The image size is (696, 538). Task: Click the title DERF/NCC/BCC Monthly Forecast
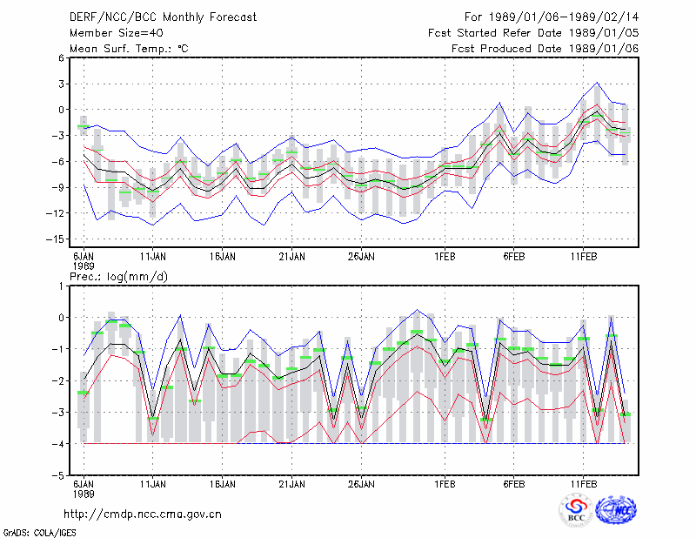click(163, 17)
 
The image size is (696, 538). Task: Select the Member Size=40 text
click(117, 33)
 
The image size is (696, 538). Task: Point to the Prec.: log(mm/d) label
click(118, 277)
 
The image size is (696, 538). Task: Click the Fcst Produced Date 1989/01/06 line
click(545, 49)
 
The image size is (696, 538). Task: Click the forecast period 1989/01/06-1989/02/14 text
click(552, 17)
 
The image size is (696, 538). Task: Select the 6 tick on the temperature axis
click(61, 57)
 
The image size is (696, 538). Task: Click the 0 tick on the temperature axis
click(61, 110)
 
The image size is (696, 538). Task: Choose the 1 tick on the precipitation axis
click(61, 286)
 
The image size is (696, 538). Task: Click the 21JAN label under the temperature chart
click(291, 257)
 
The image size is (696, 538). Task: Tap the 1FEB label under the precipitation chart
click(445, 484)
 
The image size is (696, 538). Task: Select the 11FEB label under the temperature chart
click(584, 257)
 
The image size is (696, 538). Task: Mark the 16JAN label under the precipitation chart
click(223, 484)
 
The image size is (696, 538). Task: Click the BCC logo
click(576, 510)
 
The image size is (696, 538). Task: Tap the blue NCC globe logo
click(616, 510)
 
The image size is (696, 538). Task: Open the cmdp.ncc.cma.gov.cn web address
click(143, 514)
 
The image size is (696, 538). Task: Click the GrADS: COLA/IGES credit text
click(39, 533)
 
